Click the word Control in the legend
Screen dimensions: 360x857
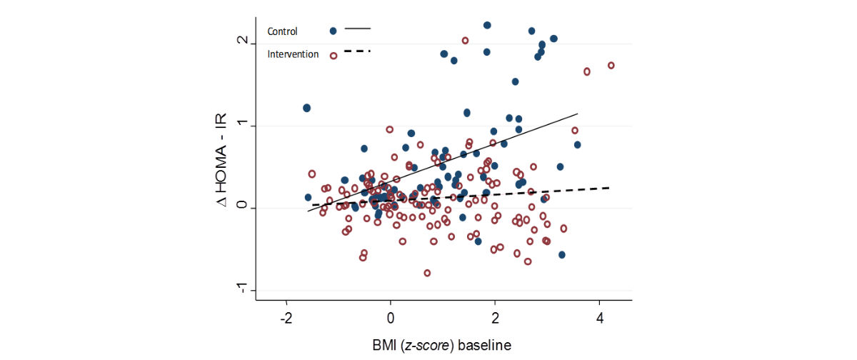click(282, 31)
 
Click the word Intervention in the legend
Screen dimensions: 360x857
click(293, 54)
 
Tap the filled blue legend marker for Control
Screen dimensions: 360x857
click(333, 31)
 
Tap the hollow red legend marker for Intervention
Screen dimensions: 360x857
click(333, 55)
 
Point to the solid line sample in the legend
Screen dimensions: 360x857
click(358, 29)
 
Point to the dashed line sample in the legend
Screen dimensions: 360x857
click(358, 51)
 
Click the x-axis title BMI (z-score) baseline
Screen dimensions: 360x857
click(442, 345)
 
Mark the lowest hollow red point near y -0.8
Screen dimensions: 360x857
click(427, 273)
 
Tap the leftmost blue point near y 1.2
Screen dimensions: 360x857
click(306, 108)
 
